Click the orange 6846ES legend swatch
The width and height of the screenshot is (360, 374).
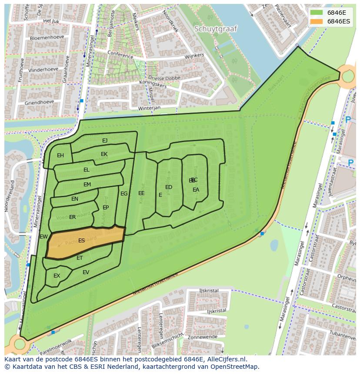coord(317,21)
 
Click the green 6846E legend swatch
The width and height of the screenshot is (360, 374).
coord(317,13)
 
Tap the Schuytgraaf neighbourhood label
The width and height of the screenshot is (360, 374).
coord(216,29)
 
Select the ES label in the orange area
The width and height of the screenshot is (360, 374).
coord(81,241)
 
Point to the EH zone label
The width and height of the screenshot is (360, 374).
coord(60,156)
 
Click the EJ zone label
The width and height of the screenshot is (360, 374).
coord(105,141)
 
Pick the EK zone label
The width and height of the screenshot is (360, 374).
coord(104,154)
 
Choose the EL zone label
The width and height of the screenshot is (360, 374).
coord(87,170)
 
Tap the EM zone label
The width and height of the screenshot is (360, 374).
coord(87,185)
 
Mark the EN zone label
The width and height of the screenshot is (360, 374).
coord(75,199)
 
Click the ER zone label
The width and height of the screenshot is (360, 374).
coord(73,217)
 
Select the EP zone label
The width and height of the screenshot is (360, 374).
coord(106,208)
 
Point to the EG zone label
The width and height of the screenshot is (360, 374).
coord(124,194)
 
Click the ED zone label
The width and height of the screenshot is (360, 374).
coord(169,187)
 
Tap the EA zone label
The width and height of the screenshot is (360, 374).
coord(196,190)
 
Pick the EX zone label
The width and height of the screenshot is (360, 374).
coord(57,276)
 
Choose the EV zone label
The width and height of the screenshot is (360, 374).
coord(86,272)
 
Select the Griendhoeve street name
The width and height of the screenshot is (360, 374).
coord(40,103)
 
